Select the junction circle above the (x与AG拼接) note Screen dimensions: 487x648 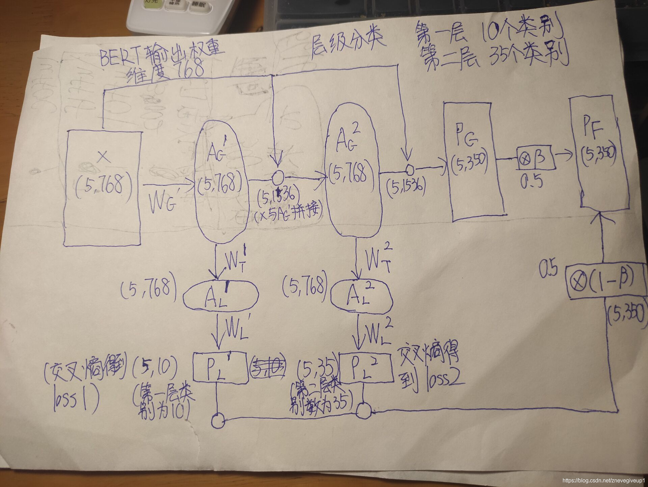coord(278,176)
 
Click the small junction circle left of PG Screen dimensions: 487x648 coord(410,169)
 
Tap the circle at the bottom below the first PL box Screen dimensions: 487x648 coord(218,421)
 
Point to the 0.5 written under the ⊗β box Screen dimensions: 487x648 coord(531,182)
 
